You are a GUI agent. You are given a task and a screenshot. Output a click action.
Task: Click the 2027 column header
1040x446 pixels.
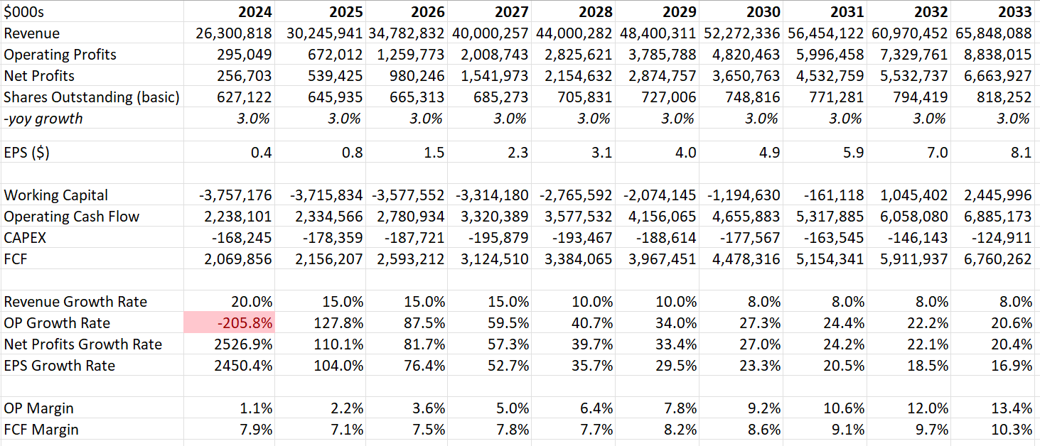tap(510, 11)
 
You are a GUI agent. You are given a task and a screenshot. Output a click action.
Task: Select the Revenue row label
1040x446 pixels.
tap(32, 33)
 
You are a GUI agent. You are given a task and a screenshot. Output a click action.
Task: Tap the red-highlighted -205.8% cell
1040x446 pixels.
tap(245, 323)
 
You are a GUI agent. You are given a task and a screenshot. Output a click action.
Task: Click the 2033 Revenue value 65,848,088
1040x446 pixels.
tap(990, 33)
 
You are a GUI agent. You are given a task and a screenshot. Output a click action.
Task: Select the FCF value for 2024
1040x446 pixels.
tap(237, 259)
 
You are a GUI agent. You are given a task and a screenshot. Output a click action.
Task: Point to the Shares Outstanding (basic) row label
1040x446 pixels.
tap(92, 97)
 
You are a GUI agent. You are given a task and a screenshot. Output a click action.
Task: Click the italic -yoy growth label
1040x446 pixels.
tap(43, 119)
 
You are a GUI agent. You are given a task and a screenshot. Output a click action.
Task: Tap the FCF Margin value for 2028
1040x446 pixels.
tap(595, 430)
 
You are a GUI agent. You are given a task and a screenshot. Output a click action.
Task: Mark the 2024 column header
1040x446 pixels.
tap(254, 11)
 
